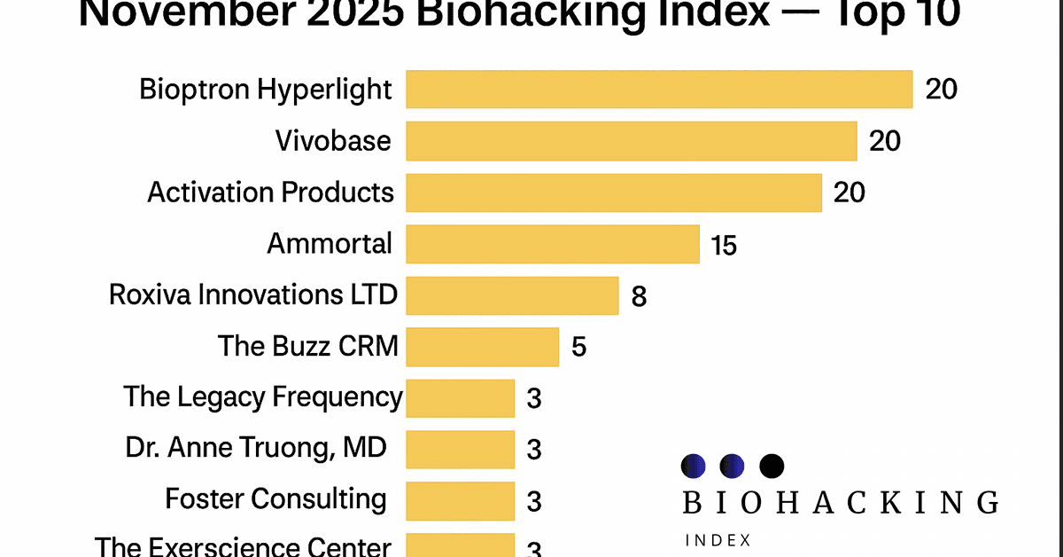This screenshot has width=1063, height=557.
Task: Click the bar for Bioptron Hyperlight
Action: tap(659, 90)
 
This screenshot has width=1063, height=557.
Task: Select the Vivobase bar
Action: tap(631, 141)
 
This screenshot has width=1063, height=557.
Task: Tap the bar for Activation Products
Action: tap(614, 192)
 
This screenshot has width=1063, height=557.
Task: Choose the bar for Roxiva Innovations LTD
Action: tap(512, 295)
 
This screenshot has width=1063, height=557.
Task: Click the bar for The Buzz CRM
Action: tap(482, 347)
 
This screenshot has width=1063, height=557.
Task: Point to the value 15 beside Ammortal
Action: tap(724, 245)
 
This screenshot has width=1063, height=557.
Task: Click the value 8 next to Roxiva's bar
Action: tap(639, 296)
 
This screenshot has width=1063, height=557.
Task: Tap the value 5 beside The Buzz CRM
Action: tap(578, 347)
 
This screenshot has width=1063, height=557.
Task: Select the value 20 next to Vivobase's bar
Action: tap(885, 141)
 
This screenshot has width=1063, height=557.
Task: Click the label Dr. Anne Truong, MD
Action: tap(256, 448)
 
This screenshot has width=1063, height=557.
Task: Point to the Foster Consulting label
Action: tap(275, 499)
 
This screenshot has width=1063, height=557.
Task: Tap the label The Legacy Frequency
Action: tap(263, 396)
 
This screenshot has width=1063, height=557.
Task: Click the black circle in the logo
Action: tap(772, 466)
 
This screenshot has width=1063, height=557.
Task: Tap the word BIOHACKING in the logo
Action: tap(840, 503)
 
